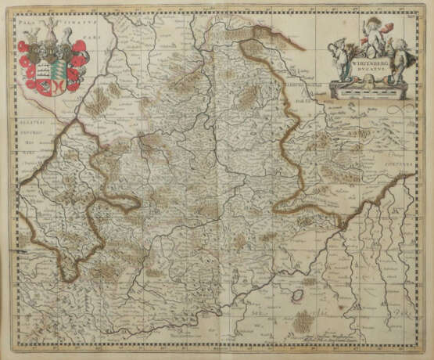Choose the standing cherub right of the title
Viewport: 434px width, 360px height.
[396, 63]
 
